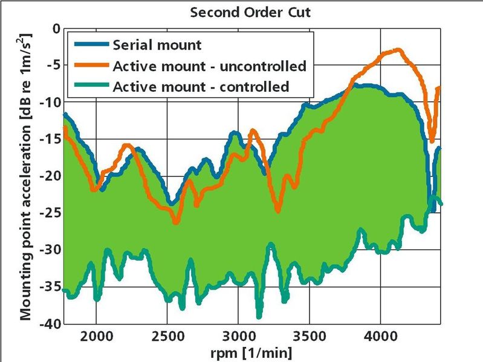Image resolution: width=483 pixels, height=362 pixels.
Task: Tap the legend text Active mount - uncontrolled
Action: click(x=209, y=65)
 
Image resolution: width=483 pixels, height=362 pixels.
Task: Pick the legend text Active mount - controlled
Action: click(x=201, y=86)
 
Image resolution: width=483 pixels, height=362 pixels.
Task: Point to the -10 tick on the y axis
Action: click(x=49, y=102)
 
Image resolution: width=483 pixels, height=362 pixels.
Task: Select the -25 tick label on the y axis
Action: click(x=49, y=213)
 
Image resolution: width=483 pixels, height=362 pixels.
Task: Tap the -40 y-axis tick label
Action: click(x=49, y=324)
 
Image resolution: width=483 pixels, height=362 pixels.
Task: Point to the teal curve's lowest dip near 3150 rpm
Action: click(x=259, y=316)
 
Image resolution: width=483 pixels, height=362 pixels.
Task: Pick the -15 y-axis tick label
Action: click(x=49, y=139)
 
